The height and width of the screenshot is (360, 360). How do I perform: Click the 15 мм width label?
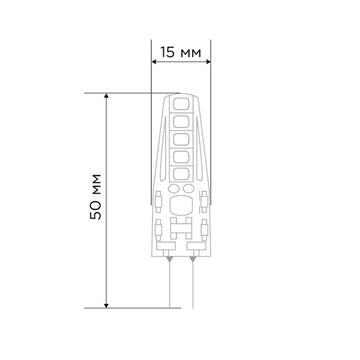point(180,53)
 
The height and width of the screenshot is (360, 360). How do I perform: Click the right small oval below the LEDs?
point(187,189)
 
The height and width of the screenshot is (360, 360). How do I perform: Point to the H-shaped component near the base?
point(181,226)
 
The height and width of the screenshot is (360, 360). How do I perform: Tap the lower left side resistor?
point(158,229)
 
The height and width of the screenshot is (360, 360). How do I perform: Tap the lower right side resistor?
point(203,229)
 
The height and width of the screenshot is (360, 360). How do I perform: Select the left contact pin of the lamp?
point(169,282)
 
